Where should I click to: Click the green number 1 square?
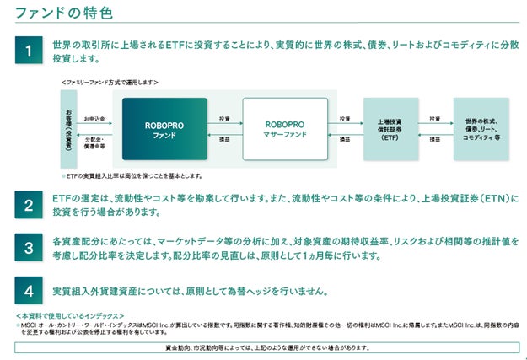click(28, 50)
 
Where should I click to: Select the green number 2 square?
click(28, 205)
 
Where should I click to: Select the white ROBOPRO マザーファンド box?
click(284, 128)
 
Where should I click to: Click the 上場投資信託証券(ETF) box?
click(390, 128)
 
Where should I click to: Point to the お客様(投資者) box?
click(67, 128)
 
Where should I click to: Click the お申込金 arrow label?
click(96, 119)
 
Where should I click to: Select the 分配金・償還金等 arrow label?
click(96, 141)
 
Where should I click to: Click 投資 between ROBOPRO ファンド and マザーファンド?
click(223, 119)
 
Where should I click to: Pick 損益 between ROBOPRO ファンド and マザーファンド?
click(223, 139)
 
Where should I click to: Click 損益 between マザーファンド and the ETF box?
click(344, 139)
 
